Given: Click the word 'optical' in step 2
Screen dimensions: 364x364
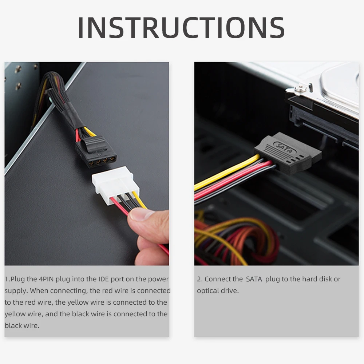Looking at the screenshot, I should pos(209,291).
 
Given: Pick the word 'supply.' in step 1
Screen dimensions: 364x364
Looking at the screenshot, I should pos(16,291).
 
